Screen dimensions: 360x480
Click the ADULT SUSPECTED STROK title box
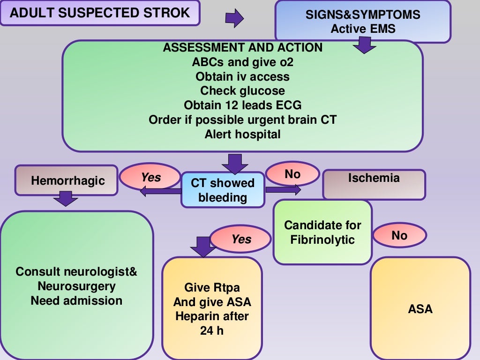(100, 13)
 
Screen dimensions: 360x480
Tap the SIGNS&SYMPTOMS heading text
(363, 15)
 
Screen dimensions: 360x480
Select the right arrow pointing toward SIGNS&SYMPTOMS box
(235, 19)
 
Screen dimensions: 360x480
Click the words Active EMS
(363, 29)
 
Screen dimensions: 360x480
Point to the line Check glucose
(242, 90)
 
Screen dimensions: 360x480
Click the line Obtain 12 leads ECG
(242, 105)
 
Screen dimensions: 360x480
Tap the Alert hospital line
(242, 134)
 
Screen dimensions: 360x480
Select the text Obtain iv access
(242, 76)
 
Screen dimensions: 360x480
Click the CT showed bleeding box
(223, 190)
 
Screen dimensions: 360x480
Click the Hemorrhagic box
(67, 180)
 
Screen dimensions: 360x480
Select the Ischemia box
(374, 184)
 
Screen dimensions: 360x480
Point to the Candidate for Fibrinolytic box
(322, 232)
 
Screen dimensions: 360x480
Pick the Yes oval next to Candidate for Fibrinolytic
(241, 239)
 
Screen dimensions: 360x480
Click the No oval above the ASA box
(399, 235)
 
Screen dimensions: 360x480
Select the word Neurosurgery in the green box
(76, 286)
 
